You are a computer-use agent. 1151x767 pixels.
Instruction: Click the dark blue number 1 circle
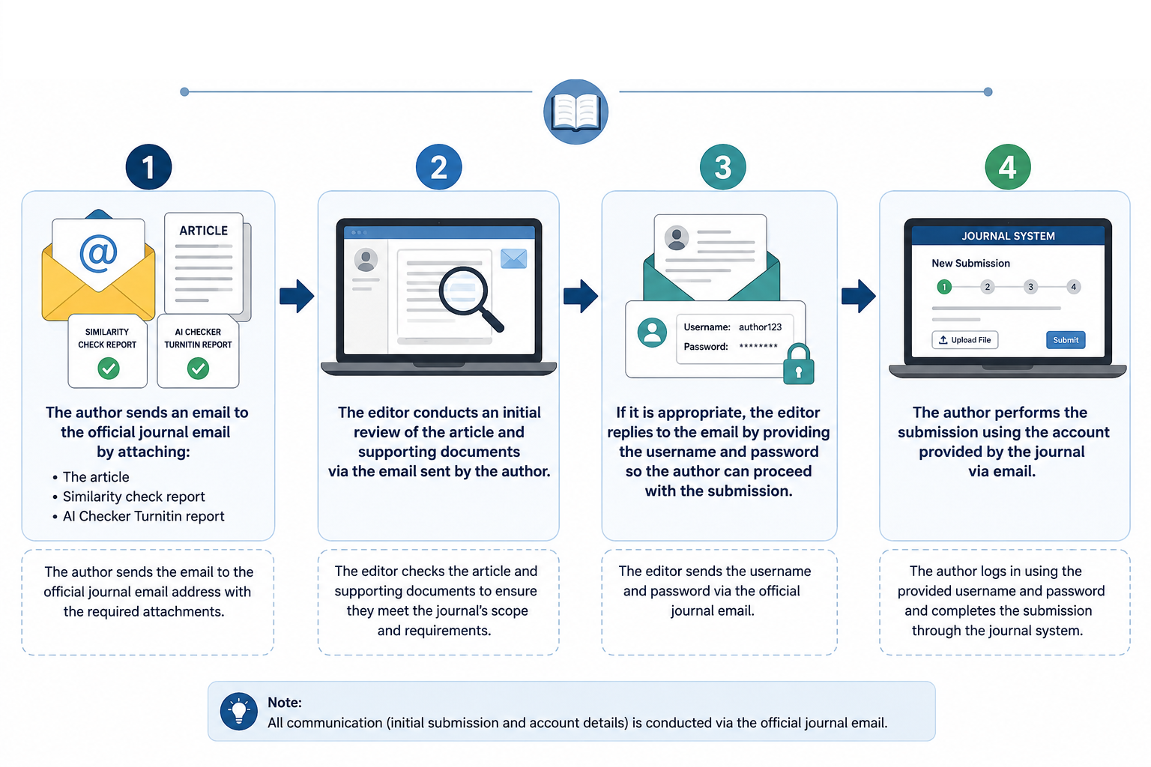148,167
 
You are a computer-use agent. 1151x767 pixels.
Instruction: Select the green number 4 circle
1008,167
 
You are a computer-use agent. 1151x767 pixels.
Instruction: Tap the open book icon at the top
576,112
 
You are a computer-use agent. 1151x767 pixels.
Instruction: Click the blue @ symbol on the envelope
98,253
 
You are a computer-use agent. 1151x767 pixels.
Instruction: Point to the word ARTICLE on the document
204,231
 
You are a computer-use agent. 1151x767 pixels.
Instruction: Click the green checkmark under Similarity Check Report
109,369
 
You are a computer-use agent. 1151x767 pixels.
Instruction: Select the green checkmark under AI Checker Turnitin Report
198,369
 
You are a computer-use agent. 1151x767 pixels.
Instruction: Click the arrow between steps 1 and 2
297,296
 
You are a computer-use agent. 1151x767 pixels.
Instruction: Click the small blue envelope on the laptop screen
513,258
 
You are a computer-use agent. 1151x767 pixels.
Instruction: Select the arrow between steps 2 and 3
581,296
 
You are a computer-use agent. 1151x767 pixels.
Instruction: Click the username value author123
760,327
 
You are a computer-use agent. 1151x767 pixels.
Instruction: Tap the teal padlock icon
799,364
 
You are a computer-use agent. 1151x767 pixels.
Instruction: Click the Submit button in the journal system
1066,340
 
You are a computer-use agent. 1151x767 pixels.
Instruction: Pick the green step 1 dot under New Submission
944,287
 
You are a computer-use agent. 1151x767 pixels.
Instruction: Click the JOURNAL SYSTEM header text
1008,236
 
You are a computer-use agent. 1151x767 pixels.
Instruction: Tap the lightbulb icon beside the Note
239,712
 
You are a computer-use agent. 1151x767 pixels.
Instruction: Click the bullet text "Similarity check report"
133,497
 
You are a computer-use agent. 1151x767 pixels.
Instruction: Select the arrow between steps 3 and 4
859,296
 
